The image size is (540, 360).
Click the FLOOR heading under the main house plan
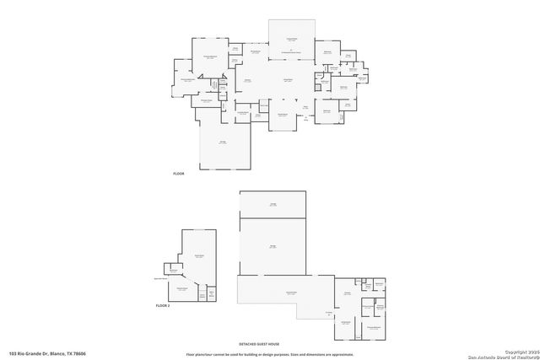[178, 173]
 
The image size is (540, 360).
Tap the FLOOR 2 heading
[163, 304]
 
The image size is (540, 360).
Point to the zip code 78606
[103, 353]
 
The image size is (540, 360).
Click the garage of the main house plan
[224, 148]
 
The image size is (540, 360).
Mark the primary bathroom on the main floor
[186, 81]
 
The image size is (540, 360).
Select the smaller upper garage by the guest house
[273, 205]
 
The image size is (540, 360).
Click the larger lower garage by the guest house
[273, 246]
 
